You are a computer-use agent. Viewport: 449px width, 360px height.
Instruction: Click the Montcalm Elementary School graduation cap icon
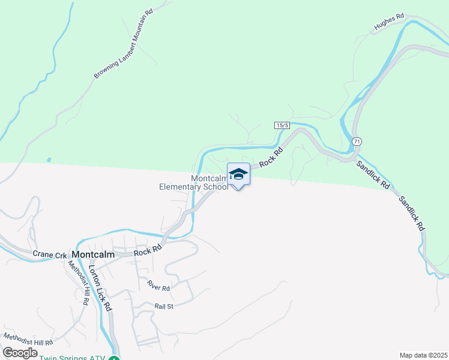point(238,173)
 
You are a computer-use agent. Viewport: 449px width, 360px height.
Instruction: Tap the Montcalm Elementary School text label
point(193,183)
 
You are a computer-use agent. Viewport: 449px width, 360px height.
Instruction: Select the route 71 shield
point(357,140)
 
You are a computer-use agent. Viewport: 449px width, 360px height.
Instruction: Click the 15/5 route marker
point(282,125)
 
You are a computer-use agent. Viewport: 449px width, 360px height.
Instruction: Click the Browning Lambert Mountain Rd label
point(124,44)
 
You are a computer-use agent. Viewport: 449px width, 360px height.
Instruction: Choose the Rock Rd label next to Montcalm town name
point(148,250)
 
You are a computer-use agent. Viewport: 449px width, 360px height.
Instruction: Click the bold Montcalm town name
point(92,254)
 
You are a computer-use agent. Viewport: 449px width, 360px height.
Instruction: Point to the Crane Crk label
point(50,255)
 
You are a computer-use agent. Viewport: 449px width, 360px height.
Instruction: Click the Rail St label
point(163,306)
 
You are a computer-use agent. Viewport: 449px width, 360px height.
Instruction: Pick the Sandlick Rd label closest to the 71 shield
point(372,175)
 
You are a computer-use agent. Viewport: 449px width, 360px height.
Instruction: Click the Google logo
point(20,353)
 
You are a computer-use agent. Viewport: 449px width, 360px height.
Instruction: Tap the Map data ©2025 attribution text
point(423,355)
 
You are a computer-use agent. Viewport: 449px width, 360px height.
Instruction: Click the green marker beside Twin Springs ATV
point(114,358)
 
